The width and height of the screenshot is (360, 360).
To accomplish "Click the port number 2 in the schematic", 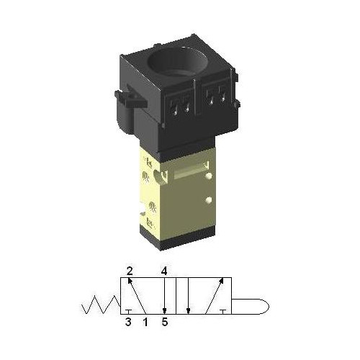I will (130, 271).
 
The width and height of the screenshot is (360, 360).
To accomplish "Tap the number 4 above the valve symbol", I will (164, 271).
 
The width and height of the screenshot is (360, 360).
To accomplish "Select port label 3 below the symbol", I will (128, 322).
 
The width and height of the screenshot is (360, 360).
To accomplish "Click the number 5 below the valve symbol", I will (165, 322).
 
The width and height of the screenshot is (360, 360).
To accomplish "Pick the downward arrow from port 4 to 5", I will (164, 296).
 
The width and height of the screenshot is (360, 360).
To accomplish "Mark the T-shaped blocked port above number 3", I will (127, 311).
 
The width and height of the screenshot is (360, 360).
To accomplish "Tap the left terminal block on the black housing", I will (181, 106).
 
